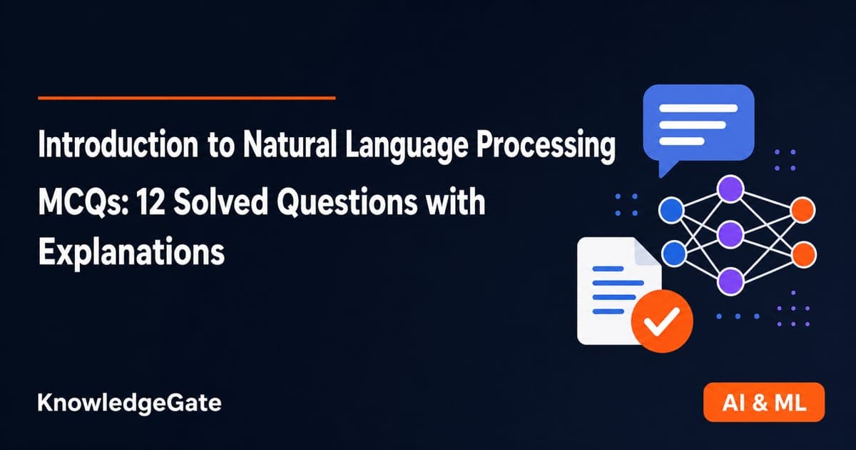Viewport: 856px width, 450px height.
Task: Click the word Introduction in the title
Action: coord(118,144)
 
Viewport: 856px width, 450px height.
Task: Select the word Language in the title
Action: coord(407,147)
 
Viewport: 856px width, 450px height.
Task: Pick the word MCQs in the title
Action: coord(83,203)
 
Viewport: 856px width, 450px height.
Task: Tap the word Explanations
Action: coord(131,253)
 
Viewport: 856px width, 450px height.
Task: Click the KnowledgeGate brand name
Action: coord(130,404)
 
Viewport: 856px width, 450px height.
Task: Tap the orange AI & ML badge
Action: coord(764,402)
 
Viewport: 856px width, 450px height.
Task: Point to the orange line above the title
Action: coord(187,98)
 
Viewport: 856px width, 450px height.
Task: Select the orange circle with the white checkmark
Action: coord(662,321)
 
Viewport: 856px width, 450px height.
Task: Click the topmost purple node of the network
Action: coord(730,189)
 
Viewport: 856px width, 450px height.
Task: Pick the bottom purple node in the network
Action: coord(730,281)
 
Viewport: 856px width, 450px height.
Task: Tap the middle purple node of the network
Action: coord(730,234)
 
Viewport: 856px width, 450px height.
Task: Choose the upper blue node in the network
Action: coord(671,210)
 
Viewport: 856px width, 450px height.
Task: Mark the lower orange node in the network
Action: coord(804,254)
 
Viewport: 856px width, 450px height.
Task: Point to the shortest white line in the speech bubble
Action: coord(682,141)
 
